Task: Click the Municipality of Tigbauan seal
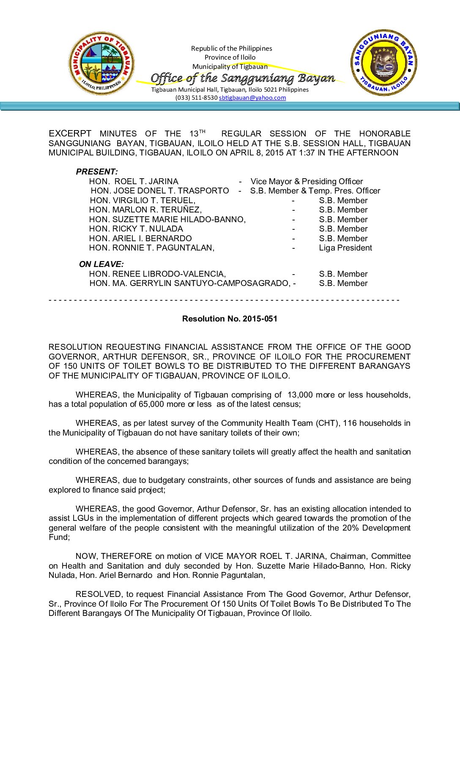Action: (x=101, y=63)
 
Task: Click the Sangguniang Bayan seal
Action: (x=384, y=63)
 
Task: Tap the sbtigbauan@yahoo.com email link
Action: (x=252, y=98)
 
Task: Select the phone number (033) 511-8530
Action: (x=196, y=98)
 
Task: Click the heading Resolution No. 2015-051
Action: (x=230, y=319)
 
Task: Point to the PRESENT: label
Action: (x=97, y=172)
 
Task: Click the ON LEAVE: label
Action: (x=101, y=264)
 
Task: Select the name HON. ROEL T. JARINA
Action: (x=134, y=181)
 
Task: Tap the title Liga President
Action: (x=345, y=248)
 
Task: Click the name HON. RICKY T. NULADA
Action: (x=136, y=229)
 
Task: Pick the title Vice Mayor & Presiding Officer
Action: (x=307, y=181)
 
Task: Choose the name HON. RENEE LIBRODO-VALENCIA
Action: (x=157, y=274)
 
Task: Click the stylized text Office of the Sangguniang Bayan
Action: (x=243, y=78)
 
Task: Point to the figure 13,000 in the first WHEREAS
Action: (x=300, y=395)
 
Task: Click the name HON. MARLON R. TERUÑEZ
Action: (x=145, y=210)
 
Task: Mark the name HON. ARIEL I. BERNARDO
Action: (x=140, y=238)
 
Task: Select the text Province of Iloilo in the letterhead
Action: (x=230, y=57)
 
